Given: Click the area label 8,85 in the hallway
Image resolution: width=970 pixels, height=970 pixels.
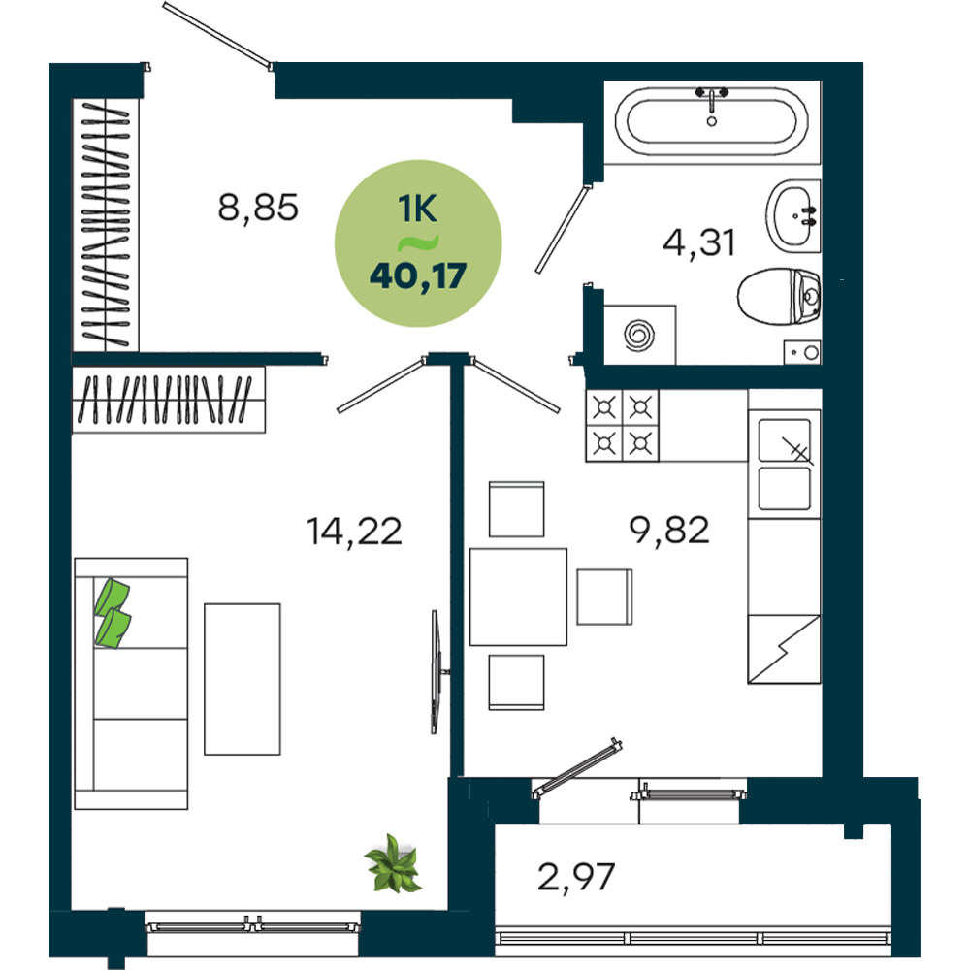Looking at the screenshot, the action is click(258, 208).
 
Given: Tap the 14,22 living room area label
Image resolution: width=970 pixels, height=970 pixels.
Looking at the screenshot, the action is click(354, 532).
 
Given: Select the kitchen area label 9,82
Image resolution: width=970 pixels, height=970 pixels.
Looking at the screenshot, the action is click(668, 531).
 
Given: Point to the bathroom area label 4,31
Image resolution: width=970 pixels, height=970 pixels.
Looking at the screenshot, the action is click(698, 242).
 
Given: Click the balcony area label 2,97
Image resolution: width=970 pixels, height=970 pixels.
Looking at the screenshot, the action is click(576, 877).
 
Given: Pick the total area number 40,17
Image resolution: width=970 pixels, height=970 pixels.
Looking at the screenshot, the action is click(418, 275).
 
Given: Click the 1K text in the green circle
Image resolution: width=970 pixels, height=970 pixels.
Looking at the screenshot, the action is click(417, 209).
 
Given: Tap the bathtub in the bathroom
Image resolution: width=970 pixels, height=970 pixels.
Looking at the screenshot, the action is click(711, 121).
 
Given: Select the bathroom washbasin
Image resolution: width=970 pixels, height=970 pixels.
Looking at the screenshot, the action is click(793, 216).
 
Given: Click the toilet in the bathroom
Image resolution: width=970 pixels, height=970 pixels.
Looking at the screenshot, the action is click(779, 296).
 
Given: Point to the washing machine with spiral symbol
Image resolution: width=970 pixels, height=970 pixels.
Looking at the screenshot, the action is click(639, 335).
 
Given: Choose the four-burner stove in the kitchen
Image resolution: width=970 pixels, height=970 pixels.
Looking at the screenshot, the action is click(623, 425).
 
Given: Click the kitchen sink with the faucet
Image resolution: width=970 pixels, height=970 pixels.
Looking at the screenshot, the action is click(785, 464).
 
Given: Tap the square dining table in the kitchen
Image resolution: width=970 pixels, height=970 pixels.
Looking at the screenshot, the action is click(518, 597).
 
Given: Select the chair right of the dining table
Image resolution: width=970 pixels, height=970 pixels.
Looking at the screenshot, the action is click(604, 597).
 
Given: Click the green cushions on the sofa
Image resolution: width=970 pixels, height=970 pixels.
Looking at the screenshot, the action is click(113, 613).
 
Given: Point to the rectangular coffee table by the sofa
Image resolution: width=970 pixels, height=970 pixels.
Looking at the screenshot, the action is click(242, 679).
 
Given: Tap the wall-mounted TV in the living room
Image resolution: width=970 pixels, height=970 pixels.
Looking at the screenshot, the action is click(436, 672).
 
